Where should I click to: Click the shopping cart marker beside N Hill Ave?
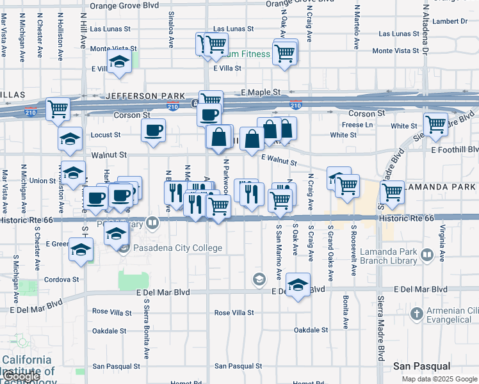tap(58, 109)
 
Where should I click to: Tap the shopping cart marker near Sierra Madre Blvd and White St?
tap(435, 124)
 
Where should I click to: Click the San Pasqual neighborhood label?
tap(422, 366)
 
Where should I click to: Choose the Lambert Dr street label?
tap(454, 21)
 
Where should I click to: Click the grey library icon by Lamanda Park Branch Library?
tap(426, 256)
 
